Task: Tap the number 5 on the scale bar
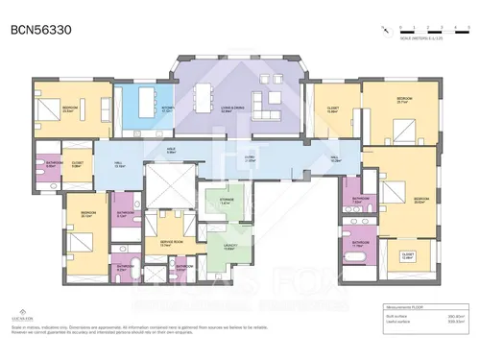point(452,26)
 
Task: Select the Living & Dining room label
point(229,110)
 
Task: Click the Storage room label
point(225,203)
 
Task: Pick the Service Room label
point(172,244)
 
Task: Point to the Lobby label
point(249,159)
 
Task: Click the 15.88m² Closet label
point(333,109)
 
